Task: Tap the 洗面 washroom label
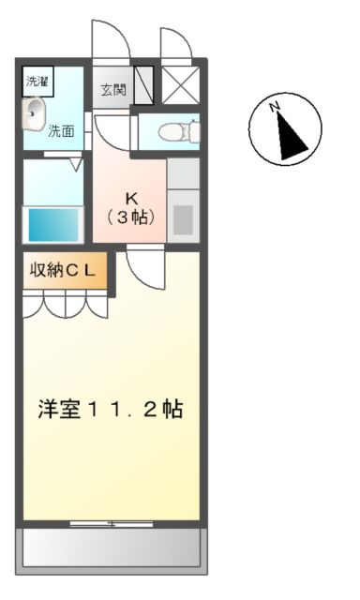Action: click(63, 130)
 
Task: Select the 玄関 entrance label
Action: click(113, 90)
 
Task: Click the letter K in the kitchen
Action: click(132, 199)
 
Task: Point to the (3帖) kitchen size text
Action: click(132, 217)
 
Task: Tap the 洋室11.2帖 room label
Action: click(110, 410)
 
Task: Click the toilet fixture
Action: click(175, 131)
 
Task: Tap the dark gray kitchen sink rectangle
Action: click(184, 219)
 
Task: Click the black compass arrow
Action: click(291, 136)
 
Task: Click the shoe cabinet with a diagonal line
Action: click(143, 85)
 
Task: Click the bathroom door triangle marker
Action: click(76, 165)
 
